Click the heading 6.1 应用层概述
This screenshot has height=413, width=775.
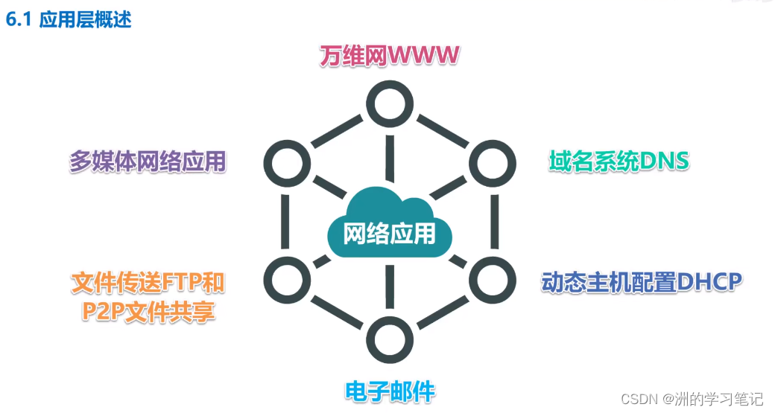point(69,19)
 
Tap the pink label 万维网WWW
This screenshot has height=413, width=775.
point(387,56)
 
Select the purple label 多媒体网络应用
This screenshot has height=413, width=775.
point(148,161)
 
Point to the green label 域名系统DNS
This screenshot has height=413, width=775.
point(619,161)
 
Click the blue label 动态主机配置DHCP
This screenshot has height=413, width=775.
point(641,282)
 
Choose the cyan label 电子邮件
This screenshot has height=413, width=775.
point(390,391)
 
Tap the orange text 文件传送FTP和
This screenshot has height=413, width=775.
point(148,283)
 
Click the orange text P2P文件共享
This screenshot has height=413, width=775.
point(148,311)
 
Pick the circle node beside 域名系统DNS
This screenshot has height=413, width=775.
point(491,161)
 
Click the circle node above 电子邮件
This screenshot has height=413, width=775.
point(388,339)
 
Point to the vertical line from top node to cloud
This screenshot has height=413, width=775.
point(388,155)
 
